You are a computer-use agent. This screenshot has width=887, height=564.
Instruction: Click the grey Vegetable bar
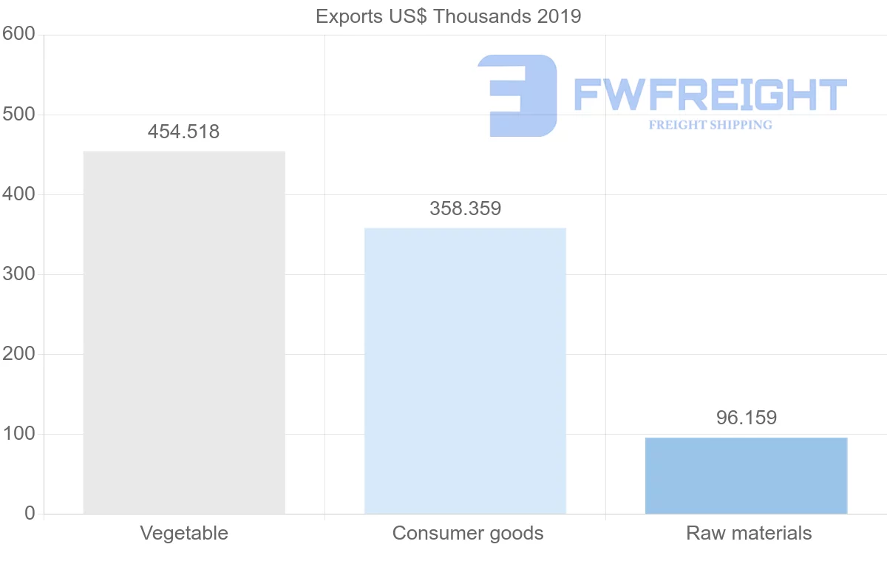coord(184,332)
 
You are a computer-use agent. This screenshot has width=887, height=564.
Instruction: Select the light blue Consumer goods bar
coord(465,370)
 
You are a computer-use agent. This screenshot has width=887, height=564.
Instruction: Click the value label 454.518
coord(184,132)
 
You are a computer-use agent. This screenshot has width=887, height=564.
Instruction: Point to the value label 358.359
coord(465,209)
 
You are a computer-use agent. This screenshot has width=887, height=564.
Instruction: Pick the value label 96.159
coord(746,418)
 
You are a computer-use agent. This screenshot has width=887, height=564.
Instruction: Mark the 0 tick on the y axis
coord(30,514)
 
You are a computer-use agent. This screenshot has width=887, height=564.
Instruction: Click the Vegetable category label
coord(184,533)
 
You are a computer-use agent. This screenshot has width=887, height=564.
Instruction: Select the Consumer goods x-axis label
coord(468,533)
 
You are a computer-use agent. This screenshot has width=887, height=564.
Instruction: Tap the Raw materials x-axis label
coord(749,533)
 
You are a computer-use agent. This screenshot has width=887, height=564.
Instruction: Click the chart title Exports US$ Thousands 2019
coord(449,16)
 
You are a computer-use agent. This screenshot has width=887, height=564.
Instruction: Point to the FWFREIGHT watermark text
coord(710,95)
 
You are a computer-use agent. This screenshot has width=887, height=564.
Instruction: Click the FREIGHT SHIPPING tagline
coord(710,125)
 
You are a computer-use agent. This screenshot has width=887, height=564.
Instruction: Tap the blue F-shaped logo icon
coord(517,95)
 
